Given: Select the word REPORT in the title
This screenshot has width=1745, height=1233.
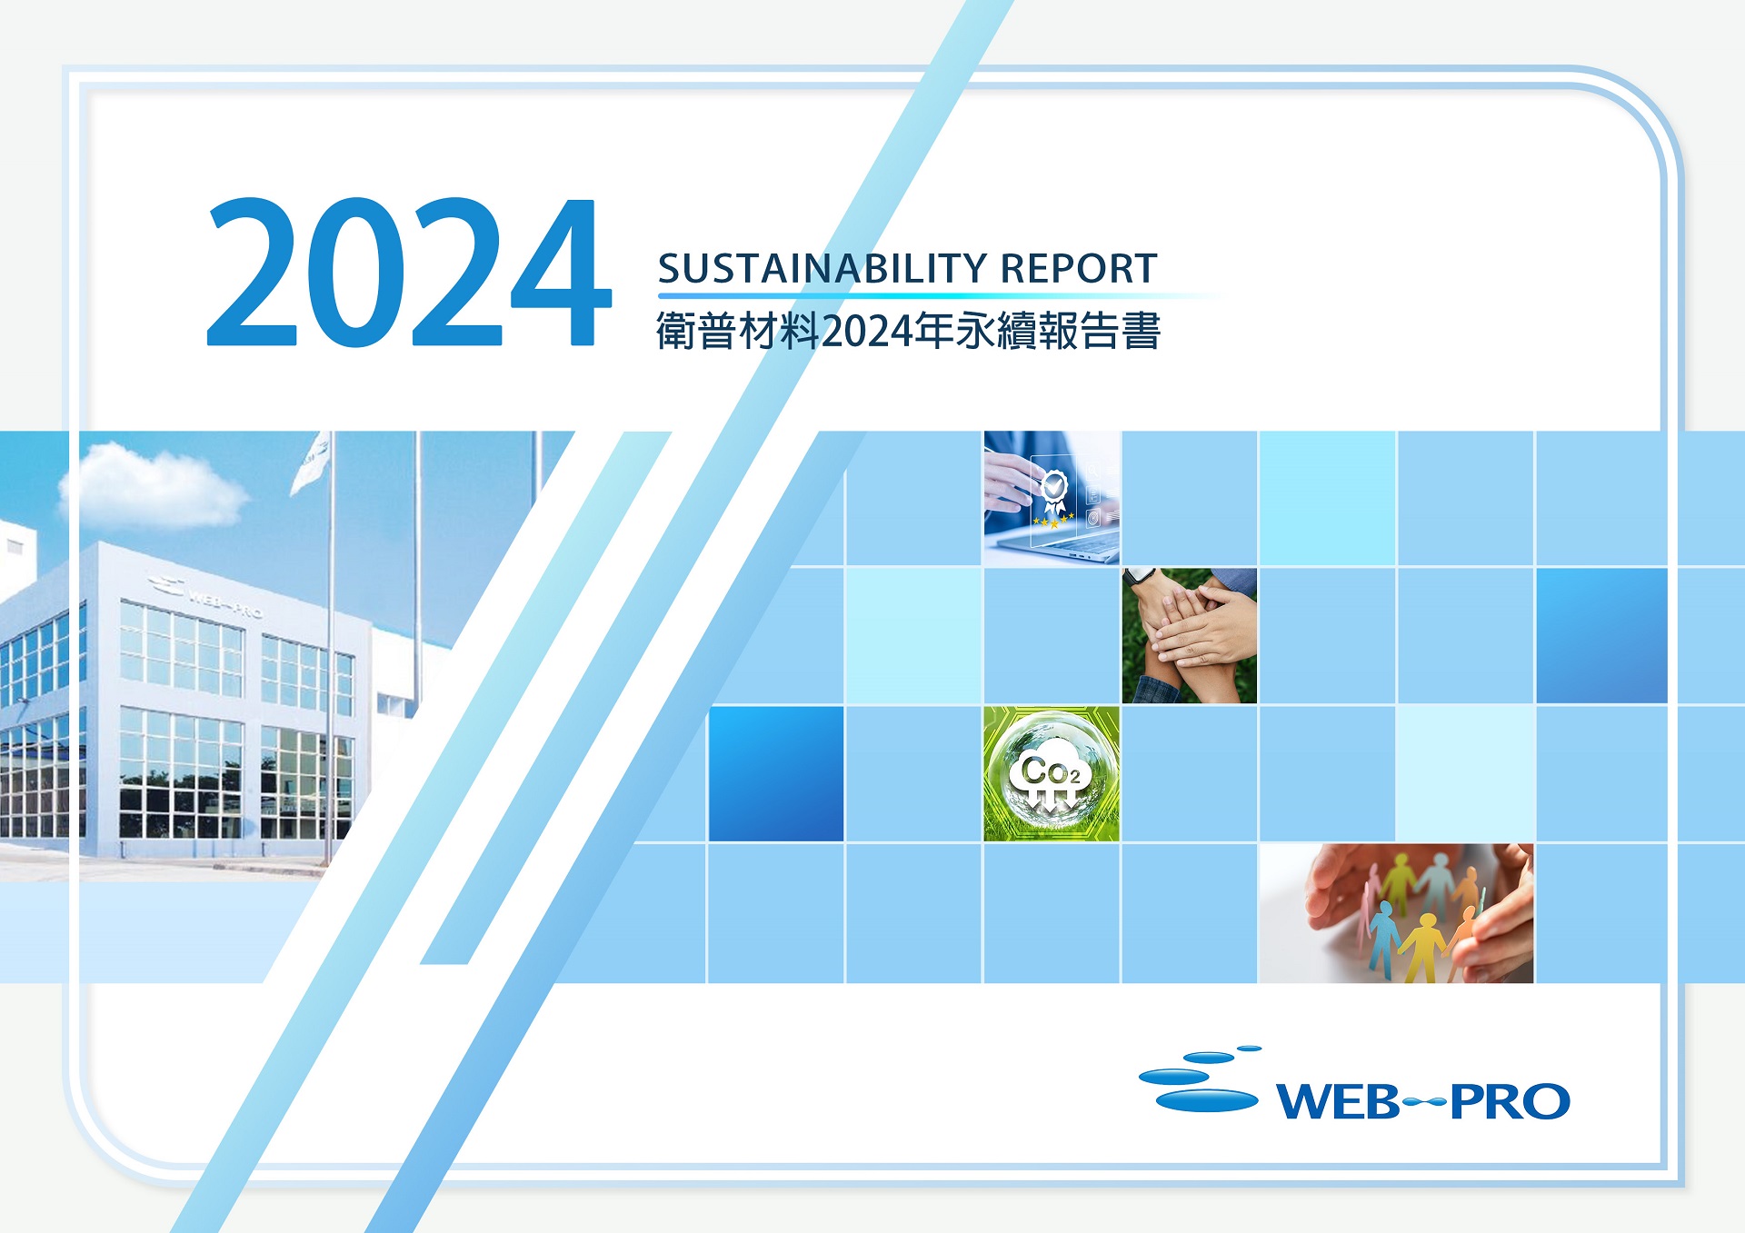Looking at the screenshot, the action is click(x=1079, y=269).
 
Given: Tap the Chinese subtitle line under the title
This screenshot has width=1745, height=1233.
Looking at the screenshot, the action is click(x=908, y=331).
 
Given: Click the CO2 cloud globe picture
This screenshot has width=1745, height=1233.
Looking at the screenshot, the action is click(x=1052, y=773).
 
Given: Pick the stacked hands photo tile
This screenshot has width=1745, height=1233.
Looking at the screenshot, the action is click(x=1190, y=636).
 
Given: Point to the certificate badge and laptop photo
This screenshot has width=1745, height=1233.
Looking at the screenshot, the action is click(x=1052, y=498).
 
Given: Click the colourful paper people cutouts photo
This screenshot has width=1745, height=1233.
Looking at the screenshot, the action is click(x=1396, y=913).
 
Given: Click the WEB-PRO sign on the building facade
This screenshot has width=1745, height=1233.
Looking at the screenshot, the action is click(x=205, y=595).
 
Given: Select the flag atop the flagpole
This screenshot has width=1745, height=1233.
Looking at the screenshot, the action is click(x=311, y=463).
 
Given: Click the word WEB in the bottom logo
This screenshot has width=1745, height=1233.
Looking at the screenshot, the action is click(x=1339, y=1102).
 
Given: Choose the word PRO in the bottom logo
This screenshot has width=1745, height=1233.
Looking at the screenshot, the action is click(x=1510, y=1102).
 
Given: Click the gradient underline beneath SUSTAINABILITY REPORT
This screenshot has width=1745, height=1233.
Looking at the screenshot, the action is click(x=941, y=296).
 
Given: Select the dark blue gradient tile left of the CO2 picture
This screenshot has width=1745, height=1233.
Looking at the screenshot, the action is click(x=776, y=774).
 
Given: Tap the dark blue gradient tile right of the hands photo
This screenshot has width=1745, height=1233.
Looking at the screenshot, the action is click(x=1602, y=636).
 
